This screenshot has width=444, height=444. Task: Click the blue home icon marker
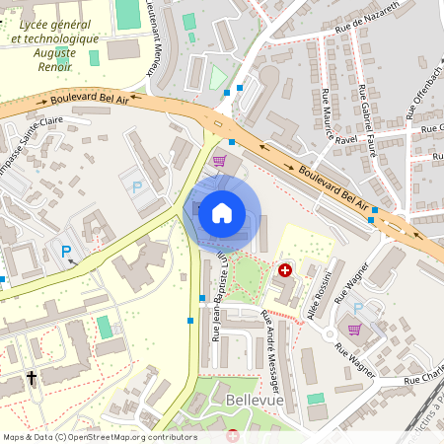[222, 212]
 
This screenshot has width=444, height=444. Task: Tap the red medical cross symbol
[286, 269]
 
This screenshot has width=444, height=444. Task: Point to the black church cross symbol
[31, 377]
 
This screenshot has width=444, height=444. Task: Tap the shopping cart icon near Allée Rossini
[354, 330]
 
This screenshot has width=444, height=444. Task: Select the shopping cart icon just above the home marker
[219, 160]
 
